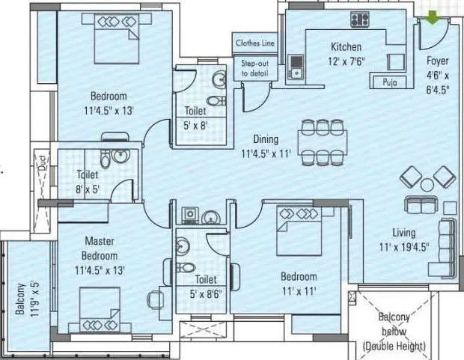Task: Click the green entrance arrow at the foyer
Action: tap(433, 15)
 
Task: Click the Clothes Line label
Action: tap(255, 43)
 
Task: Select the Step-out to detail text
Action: tap(254, 69)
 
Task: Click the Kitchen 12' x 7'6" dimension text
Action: tap(347, 55)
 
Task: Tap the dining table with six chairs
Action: tap(323, 141)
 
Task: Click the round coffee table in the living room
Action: tap(427, 183)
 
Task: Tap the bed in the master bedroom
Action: tap(104, 314)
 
